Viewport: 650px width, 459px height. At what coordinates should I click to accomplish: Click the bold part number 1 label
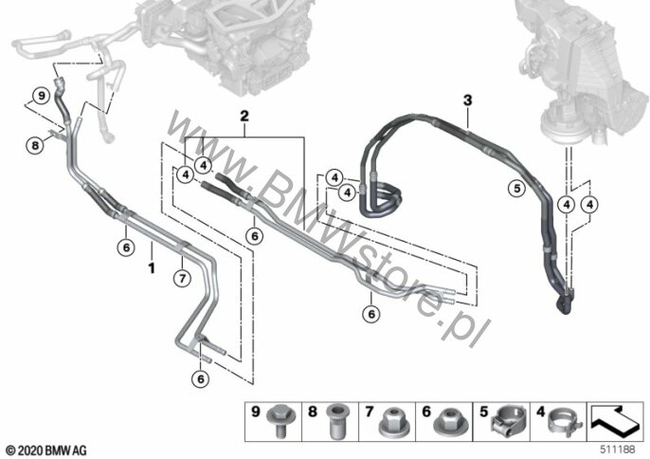pos(152,267)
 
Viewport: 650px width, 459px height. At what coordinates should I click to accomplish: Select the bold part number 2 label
pos(244,116)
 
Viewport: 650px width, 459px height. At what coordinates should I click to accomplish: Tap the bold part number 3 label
pos(468,100)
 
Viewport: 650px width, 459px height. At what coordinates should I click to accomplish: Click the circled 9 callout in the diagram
pos(41,97)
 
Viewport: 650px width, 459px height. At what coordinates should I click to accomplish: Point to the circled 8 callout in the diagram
pos(35,145)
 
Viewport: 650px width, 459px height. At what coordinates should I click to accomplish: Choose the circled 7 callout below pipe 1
pos(182,278)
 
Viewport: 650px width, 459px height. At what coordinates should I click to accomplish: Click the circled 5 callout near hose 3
pos(516,189)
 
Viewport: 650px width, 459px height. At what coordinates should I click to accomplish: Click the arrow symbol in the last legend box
pos(616,421)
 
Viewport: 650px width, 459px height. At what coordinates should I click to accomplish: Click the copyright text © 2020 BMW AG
pos(46,450)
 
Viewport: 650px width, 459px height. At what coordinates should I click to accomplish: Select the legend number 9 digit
pos(256,412)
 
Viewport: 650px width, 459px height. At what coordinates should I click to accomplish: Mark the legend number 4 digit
pos(540,412)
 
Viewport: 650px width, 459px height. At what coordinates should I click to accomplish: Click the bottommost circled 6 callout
pos(201,378)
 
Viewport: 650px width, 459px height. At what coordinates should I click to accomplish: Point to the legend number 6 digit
pos(426,412)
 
